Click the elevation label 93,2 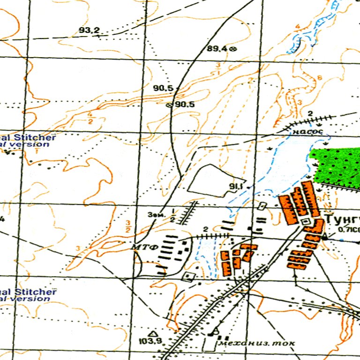[x=89, y=30]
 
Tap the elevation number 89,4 [x=217, y=48]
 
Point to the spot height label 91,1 [x=235, y=187]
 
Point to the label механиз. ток [x=256, y=344]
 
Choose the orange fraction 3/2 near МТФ [x=128, y=226]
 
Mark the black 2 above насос [x=310, y=113]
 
